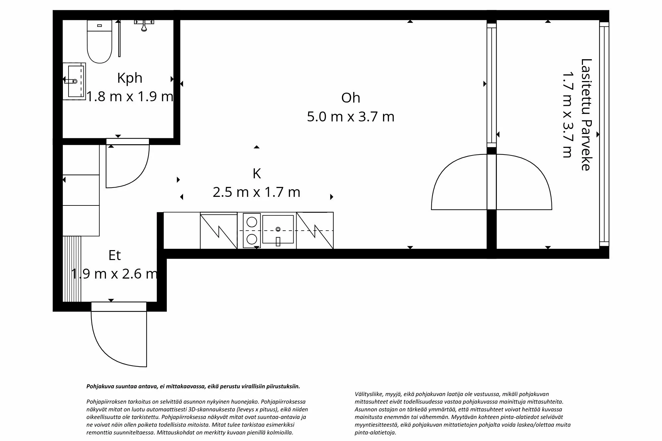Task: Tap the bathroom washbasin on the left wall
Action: click(75, 81)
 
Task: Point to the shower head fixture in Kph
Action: click(144, 25)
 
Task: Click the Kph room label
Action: click(130, 78)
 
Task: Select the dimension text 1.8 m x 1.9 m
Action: click(130, 97)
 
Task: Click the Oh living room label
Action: click(351, 98)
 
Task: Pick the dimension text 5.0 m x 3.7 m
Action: click(351, 117)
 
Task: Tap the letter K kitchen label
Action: click(257, 174)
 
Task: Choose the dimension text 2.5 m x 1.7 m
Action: click(257, 192)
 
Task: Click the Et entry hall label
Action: click(115, 255)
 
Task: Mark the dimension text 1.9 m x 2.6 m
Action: click(115, 274)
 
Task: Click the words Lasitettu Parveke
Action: click(586, 114)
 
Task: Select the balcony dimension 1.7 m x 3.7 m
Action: click(567, 114)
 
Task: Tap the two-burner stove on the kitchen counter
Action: click(252, 230)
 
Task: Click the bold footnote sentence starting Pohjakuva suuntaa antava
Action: click(193, 386)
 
